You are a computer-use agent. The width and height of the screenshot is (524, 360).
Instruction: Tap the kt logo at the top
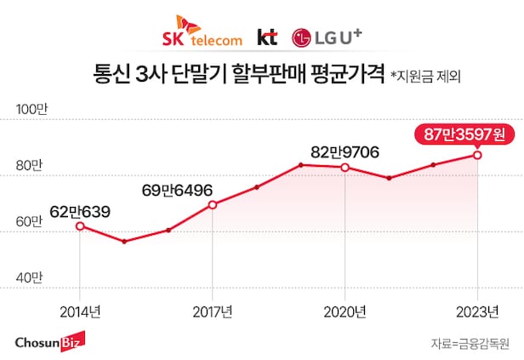(267, 37)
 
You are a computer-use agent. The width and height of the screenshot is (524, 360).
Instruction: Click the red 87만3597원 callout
(456, 134)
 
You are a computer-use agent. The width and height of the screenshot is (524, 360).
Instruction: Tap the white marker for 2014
(79, 226)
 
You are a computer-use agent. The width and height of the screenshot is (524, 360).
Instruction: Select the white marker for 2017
(212, 204)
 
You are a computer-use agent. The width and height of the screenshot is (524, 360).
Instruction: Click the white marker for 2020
(345, 167)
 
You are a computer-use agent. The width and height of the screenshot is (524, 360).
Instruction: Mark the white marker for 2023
(478, 155)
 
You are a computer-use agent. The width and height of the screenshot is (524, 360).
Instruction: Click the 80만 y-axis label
(29, 166)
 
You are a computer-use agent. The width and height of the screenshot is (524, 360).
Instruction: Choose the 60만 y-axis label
(29, 221)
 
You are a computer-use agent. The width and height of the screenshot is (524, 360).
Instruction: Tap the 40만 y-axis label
(29, 277)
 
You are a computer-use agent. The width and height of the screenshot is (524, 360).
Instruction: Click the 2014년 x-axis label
(80, 311)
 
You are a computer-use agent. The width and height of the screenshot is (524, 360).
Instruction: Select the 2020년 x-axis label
(345, 311)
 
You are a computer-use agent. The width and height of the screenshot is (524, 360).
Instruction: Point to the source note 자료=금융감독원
(468, 343)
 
